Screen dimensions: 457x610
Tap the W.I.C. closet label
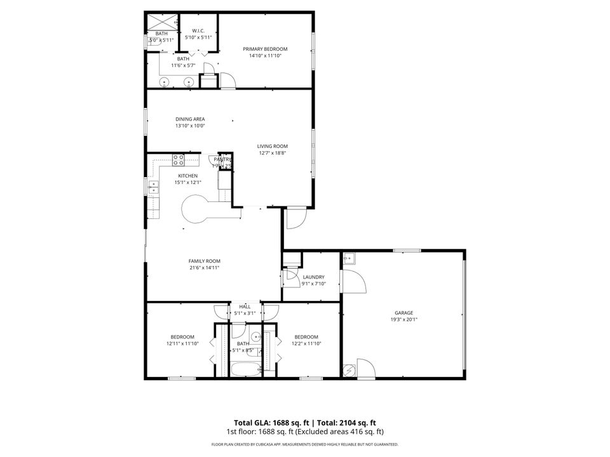(198, 30)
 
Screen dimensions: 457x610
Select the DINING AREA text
(190, 119)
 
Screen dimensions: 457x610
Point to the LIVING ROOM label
(273, 146)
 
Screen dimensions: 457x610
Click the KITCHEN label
(187, 176)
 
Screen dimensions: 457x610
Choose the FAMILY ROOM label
(204, 261)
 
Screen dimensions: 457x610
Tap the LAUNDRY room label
(314, 277)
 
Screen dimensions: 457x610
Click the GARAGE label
(404, 313)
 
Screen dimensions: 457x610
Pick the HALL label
(245, 307)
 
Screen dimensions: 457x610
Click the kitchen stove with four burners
(178, 159)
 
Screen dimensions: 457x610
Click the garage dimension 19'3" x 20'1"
(404, 320)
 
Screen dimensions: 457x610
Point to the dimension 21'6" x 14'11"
(204, 268)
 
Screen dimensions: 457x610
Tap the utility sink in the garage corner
(348, 258)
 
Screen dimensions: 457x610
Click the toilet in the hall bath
(255, 336)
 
